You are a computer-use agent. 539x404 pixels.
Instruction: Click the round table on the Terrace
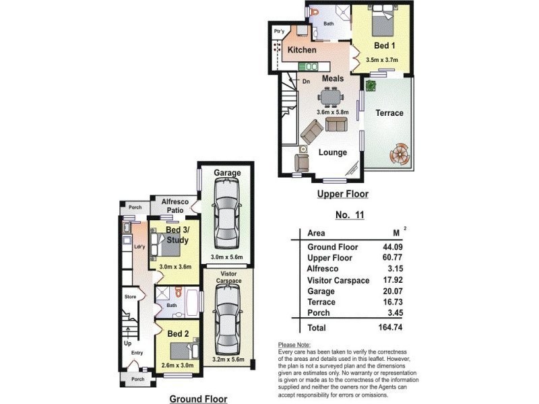pyautogui.click(x=399, y=154)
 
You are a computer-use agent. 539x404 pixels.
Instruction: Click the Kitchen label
pyautogui.click(x=302, y=50)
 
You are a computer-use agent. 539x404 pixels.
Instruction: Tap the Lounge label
pyautogui.click(x=333, y=152)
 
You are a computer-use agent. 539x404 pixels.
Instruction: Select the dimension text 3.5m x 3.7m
pyautogui.click(x=382, y=60)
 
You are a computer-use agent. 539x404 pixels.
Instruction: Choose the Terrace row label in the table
pyautogui.click(x=321, y=302)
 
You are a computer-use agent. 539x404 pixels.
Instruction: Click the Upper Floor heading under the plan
pyautogui.click(x=343, y=195)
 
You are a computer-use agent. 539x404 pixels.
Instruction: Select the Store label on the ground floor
pyautogui.click(x=130, y=296)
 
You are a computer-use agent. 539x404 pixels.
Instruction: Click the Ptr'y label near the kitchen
pyautogui.click(x=278, y=32)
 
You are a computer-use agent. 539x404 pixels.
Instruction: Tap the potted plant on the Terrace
pyautogui.click(x=371, y=86)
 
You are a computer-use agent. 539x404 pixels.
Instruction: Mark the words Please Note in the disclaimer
pyautogui.click(x=293, y=345)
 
